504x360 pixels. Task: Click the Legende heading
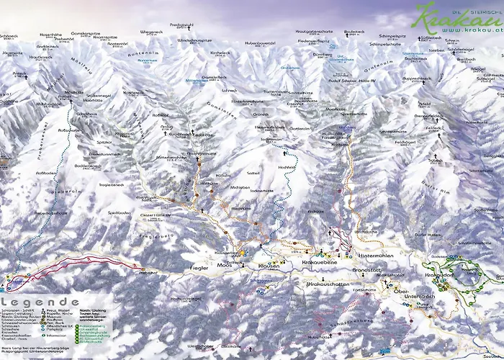41,302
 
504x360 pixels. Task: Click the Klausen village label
268,266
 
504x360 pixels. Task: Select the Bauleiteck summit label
354,32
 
